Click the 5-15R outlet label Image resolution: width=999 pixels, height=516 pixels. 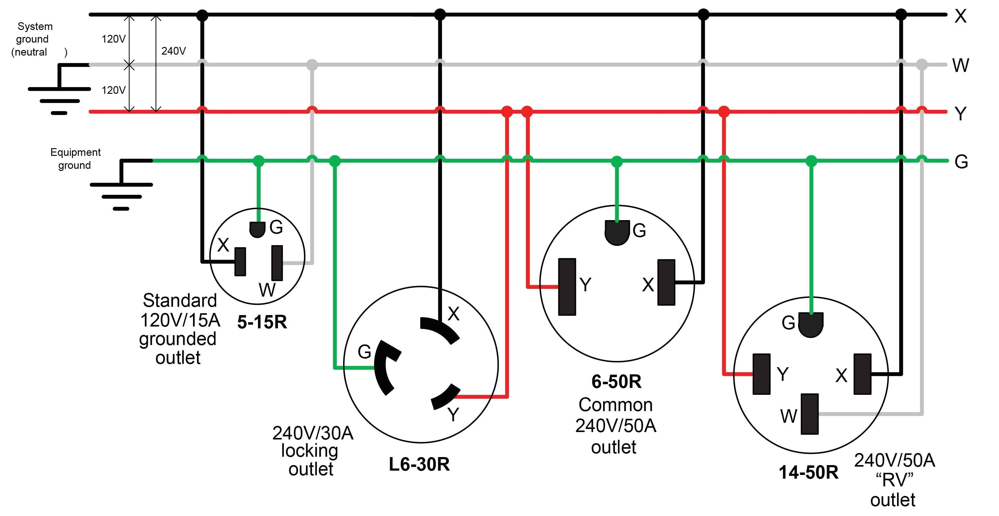click(262, 322)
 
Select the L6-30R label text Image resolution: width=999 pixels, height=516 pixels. click(419, 464)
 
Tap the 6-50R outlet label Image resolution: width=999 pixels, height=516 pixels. click(616, 381)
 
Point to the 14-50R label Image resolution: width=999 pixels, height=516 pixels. click(808, 472)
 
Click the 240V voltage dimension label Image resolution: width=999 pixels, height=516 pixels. click(173, 51)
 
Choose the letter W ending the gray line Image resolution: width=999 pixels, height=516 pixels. click(961, 65)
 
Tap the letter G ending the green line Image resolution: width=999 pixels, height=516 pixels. click(961, 162)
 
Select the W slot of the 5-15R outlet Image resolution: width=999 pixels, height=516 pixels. click(277, 263)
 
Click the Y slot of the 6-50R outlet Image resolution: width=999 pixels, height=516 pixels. click(567, 287)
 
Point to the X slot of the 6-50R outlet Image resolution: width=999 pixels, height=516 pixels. click(666, 283)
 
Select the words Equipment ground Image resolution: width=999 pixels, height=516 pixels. click(75, 159)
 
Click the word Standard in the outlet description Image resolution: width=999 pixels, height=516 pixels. click(179, 301)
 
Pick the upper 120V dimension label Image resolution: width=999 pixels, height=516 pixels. click(113, 39)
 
